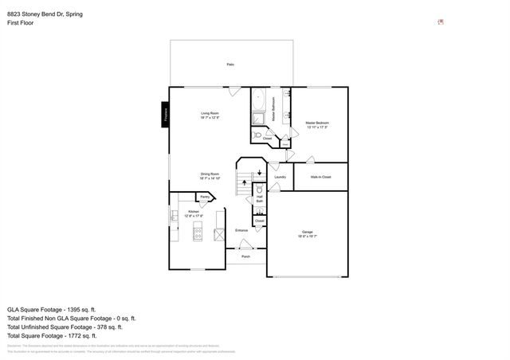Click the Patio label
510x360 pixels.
(230, 64)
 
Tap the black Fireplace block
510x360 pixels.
(165, 115)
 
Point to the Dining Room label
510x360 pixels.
(210, 175)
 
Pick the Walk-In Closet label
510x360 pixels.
(320, 177)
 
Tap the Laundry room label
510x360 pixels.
(280, 177)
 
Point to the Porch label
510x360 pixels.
(245, 257)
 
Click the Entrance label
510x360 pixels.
(241, 231)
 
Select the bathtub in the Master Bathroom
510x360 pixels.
(259, 101)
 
